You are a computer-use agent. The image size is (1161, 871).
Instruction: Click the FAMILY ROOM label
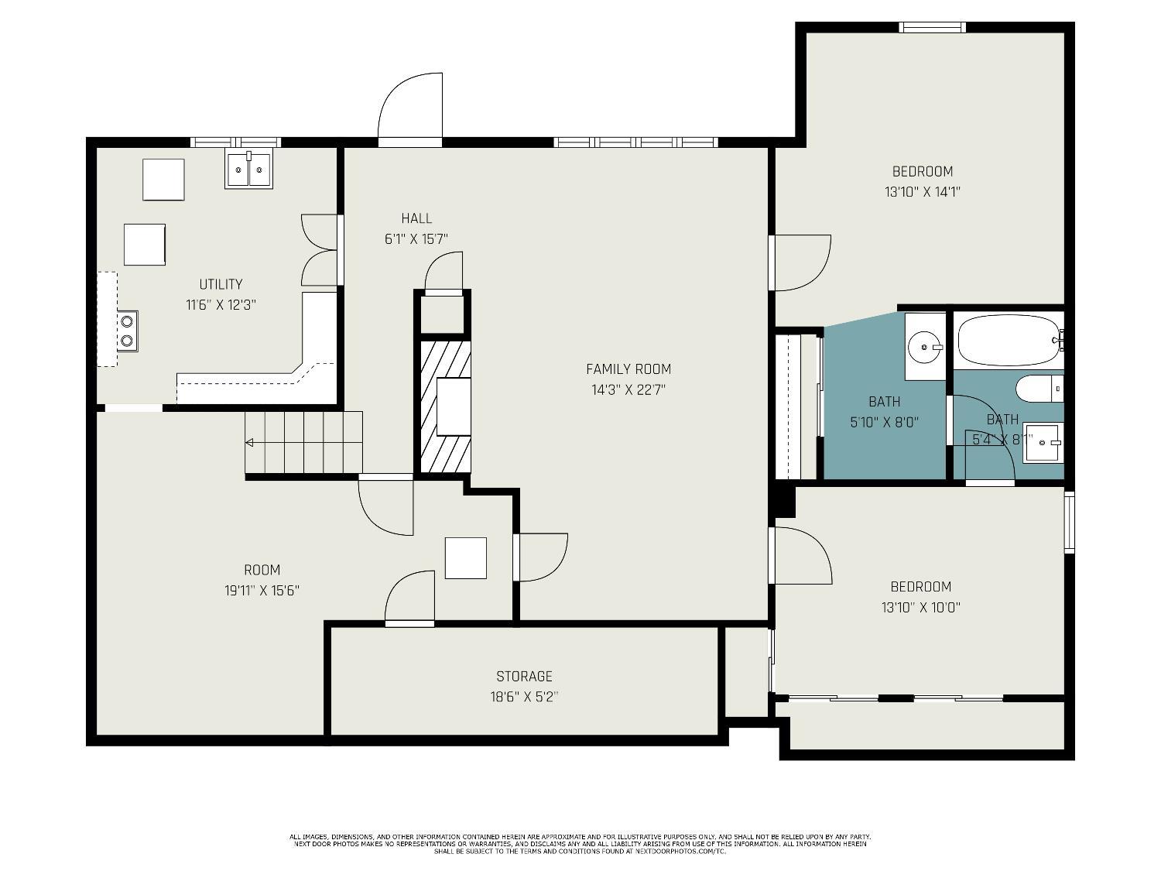(628, 369)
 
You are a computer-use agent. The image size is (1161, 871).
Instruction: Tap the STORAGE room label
(524, 677)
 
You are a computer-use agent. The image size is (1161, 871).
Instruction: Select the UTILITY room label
(221, 284)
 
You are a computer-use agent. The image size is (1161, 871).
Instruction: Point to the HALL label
(416, 218)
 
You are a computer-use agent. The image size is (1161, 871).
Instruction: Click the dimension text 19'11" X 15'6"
(262, 591)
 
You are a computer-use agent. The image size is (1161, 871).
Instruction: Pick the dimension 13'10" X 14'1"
(923, 192)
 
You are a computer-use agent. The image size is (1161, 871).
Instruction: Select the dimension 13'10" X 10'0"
(920, 608)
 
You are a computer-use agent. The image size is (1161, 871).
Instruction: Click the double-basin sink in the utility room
(249, 170)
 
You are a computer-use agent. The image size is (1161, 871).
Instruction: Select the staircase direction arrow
(250, 443)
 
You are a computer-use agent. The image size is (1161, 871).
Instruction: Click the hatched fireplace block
(445, 406)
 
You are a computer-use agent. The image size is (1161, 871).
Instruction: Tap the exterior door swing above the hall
(409, 108)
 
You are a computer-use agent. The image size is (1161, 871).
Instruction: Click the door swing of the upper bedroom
(803, 262)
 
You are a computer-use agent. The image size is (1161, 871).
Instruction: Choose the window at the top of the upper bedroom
(932, 27)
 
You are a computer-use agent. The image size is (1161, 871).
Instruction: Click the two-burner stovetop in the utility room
(127, 331)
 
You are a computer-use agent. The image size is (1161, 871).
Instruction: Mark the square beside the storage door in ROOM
(466, 558)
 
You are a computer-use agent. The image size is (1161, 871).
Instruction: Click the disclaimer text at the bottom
(580, 844)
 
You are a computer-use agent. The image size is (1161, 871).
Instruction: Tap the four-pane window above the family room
(635, 142)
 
